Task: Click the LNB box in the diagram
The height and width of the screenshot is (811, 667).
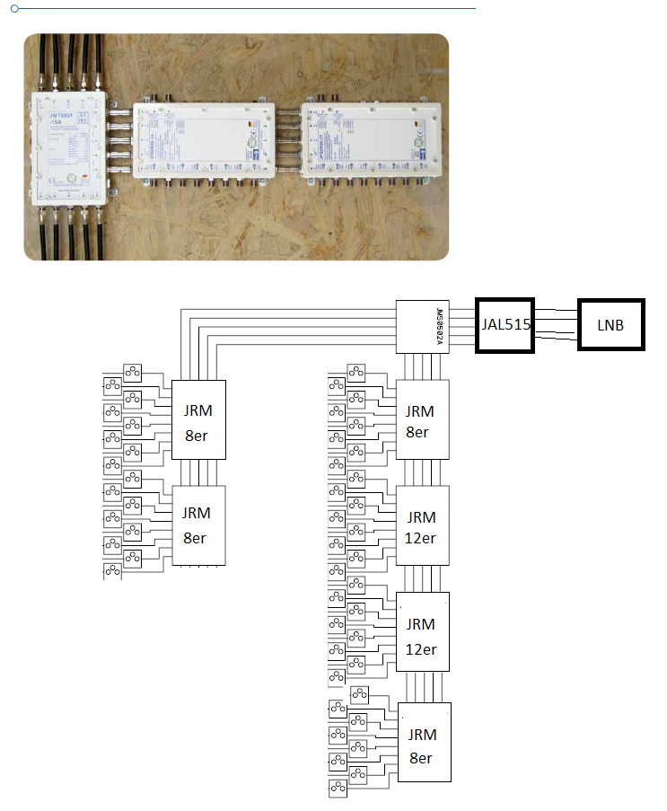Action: [x=610, y=324]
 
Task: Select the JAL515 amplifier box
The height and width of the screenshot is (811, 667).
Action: [x=505, y=324]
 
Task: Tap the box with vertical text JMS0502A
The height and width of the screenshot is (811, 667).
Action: [x=423, y=326]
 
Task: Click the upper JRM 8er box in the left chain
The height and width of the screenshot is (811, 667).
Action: [x=198, y=419]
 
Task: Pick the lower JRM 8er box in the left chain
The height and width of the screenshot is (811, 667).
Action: [x=198, y=525]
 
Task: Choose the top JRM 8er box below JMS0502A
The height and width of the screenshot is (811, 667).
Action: [x=422, y=419]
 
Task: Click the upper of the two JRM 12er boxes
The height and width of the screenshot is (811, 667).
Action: [x=422, y=525]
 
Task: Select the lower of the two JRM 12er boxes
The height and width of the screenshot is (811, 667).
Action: [x=422, y=631]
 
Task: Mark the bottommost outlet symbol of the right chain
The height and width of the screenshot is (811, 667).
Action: [x=339, y=789]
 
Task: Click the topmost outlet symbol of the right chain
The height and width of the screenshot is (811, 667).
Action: [x=357, y=370]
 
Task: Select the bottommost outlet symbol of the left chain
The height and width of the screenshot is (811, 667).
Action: [x=112, y=570]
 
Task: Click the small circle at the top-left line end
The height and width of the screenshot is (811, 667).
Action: [x=14, y=8]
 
